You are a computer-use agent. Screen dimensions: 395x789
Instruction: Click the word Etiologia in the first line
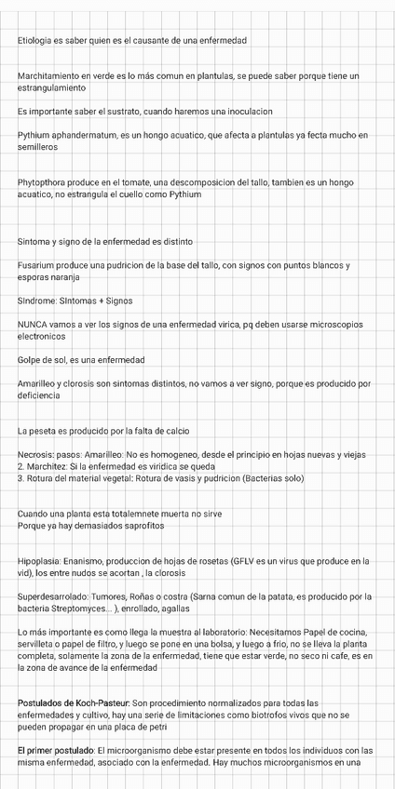[x=36, y=41]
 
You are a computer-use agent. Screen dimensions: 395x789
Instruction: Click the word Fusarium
[x=36, y=266]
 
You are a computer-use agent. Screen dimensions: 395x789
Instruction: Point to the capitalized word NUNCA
[x=34, y=325]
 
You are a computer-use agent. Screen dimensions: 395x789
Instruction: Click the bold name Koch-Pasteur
[x=100, y=702]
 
